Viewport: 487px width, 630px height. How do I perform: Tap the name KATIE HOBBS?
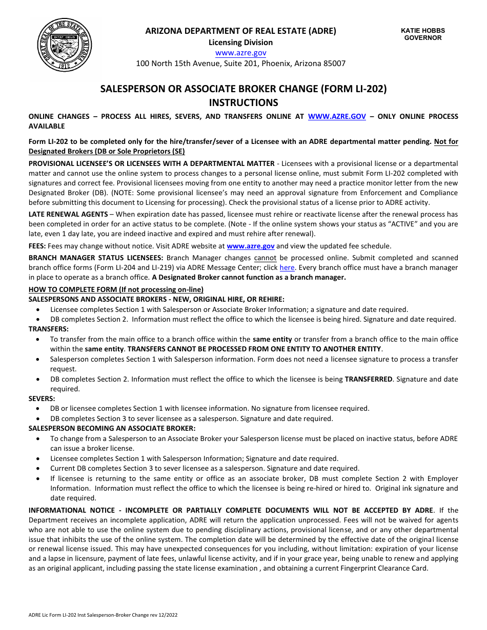[422, 31]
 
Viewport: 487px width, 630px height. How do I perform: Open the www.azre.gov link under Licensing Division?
[240, 53]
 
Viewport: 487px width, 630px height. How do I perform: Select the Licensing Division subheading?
[240, 43]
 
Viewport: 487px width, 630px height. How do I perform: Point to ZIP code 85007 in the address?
[334, 64]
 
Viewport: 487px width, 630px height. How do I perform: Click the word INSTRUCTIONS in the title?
[243, 102]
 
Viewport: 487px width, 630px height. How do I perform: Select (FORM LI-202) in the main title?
[354, 89]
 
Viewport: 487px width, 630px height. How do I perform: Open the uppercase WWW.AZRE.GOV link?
[337, 117]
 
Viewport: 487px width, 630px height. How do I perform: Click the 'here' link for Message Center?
[287, 268]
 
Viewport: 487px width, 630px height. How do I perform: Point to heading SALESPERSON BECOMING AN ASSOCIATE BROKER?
[112, 428]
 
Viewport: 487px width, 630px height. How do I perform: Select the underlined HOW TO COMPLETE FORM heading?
[116, 289]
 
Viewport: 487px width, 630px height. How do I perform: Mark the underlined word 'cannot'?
[265, 258]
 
